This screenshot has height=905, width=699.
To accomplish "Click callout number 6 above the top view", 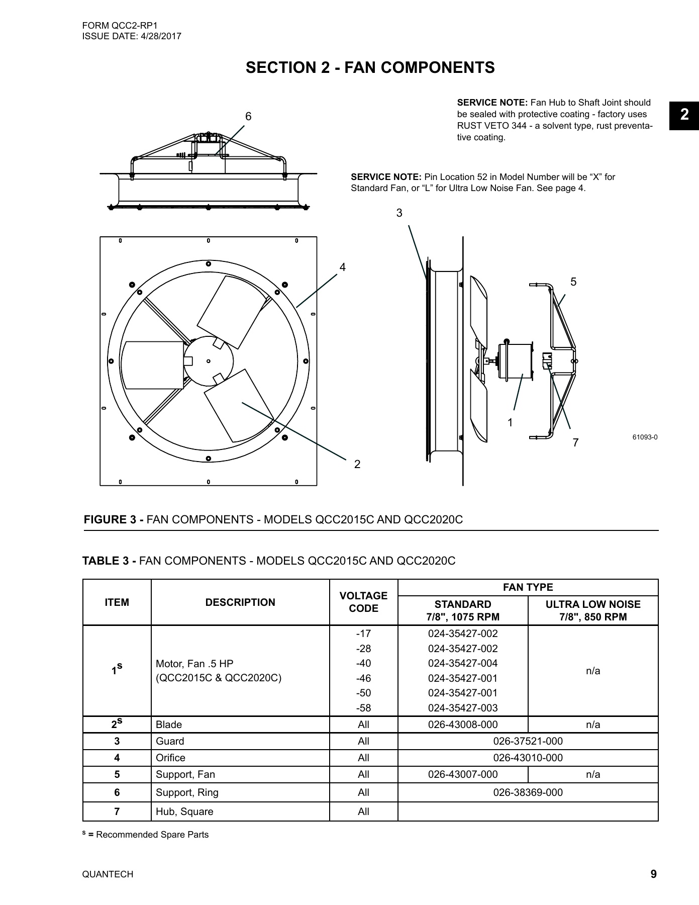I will coord(248,117).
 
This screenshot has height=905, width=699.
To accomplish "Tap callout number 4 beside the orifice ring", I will coord(343,267).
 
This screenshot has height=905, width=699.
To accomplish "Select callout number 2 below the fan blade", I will coord(357,464).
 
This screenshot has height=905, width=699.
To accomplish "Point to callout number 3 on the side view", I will coord(400,213).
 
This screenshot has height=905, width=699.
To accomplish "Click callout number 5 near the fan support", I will coord(574,282).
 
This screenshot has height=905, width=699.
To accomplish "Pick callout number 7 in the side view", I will coord(576,442).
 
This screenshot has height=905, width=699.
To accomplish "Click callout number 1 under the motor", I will coord(511,423).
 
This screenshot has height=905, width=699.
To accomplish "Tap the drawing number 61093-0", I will coord(645,437).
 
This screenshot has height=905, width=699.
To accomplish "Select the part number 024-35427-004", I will coord(462,663).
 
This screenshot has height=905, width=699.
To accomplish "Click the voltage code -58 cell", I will coord(363,708).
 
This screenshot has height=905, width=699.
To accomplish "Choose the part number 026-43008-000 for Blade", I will coord(462,725).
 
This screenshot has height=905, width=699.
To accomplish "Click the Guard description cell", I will coord(170,741).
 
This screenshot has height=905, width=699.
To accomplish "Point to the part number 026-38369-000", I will coord(528,792).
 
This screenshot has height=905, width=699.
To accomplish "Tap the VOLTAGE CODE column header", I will coord(363,602).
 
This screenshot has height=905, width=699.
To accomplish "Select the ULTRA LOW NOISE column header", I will coord(593,610).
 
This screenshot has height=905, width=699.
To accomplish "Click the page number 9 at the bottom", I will coord(653,874).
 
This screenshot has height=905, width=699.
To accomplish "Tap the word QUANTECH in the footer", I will coord(108,874).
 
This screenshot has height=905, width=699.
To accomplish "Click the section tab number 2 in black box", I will coord(684,115).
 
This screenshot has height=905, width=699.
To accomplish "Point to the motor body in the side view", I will coord(515,360).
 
